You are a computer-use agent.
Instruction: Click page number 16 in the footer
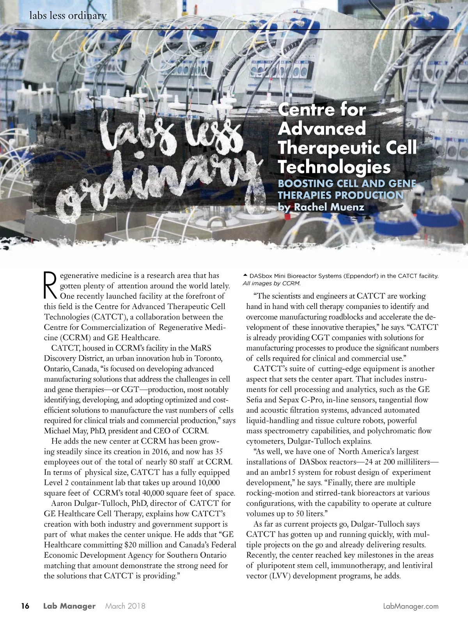click(25, 606)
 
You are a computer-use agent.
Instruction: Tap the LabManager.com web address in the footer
click(411, 606)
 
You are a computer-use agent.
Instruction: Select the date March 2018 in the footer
click(125, 606)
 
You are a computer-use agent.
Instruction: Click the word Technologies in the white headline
click(334, 167)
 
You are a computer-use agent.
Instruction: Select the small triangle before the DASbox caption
click(245, 275)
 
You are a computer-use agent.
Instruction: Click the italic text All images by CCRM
click(271, 283)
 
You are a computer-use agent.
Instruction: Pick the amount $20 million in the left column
click(142, 545)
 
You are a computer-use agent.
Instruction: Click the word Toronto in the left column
click(209, 358)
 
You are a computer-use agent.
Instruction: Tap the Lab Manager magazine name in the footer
click(69, 606)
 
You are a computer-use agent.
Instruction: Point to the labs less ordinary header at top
click(68, 16)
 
